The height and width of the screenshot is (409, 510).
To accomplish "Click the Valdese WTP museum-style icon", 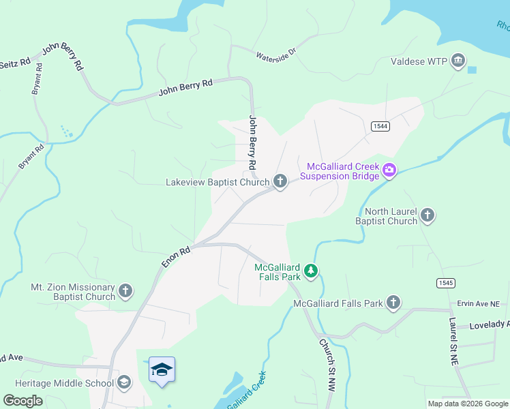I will tap(457, 62).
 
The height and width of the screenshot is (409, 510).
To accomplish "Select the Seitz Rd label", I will tap(15, 62).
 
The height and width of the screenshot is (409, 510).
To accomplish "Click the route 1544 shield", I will tap(380, 127).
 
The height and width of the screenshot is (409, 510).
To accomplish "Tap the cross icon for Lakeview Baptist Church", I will tap(280, 181).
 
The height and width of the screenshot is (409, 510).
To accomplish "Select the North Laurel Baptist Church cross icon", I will tap(427, 215).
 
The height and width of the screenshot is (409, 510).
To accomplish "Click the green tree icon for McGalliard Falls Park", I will tap(311, 272).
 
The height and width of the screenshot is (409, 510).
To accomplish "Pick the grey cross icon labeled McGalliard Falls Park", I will tap(393, 303).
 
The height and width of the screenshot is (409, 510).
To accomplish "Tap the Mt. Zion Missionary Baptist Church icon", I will tap(125, 292).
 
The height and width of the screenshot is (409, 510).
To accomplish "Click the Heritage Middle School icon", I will tap(123, 382).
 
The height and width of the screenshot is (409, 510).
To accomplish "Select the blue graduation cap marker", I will tap(162, 370).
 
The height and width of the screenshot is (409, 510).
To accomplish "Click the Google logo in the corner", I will tap(22, 401).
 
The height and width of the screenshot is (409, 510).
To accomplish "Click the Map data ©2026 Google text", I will tap(467, 404).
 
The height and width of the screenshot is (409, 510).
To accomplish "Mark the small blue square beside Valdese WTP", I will tap(472, 70).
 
